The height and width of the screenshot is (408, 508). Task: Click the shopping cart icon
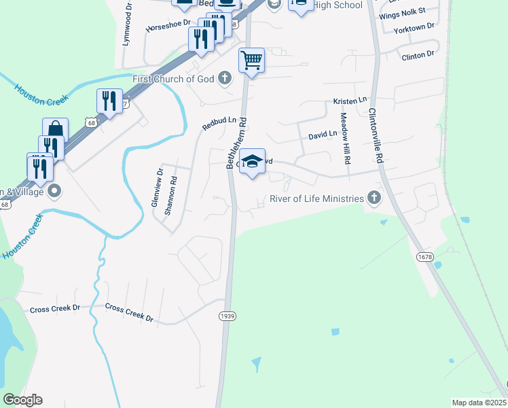tap(251, 61)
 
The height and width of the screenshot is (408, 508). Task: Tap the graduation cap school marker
tap(252, 161)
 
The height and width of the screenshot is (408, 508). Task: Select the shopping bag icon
tap(55, 131)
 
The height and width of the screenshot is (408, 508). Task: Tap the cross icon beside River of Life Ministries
tap(373, 198)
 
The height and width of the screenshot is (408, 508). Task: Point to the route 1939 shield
tap(227, 316)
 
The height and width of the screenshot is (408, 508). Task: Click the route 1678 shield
tap(425, 257)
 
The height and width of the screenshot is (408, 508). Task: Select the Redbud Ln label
tap(219, 123)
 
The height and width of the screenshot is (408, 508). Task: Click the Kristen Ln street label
tap(350, 101)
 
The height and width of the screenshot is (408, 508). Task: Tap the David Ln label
tap(323, 135)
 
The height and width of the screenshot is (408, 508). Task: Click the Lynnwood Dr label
tap(127, 23)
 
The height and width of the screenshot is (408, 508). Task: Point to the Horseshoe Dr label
tap(167, 29)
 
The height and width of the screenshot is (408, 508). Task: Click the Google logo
tap(22, 400)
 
